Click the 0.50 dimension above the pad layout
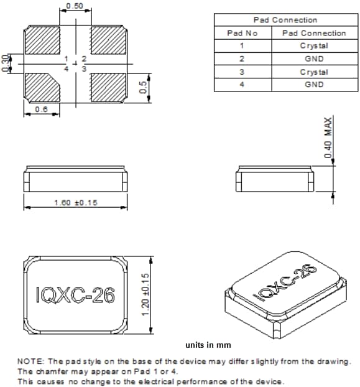pyautogui.click(x=75, y=6)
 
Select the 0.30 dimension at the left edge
pyautogui.click(x=6, y=63)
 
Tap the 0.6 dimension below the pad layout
pyautogui.click(x=42, y=109)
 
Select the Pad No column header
pyautogui.click(x=242, y=33)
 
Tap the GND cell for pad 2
pyautogui.click(x=313, y=58)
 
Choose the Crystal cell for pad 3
pyautogui.click(x=313, y=72)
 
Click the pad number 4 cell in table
pyautogui.click(x=242, y=85)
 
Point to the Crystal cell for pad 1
pyautogui.click(x=313, y=45)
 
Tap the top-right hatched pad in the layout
pyautogui.click(x=108, y=40)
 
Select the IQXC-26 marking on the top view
pyautogui.click(x=75, y=294)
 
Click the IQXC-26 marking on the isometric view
pyautogui.click(x=283, y=283)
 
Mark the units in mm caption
pyautogui.click(x=208, y=345)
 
